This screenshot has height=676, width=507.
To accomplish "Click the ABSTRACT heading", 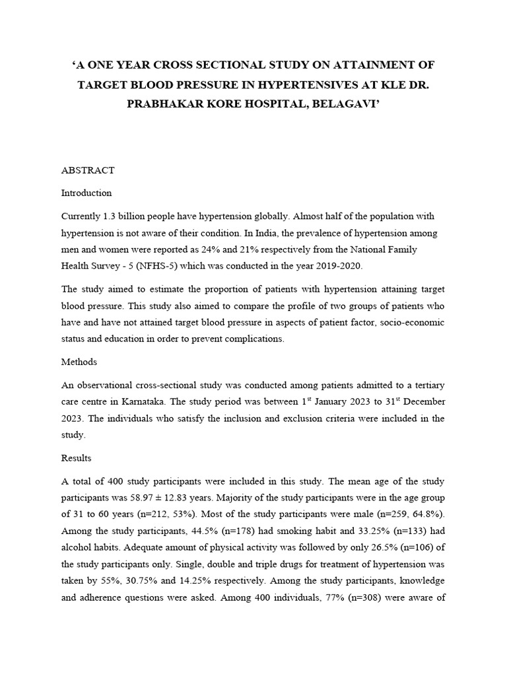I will [x=88, y=170].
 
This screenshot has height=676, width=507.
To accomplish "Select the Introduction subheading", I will [x=86, y=193].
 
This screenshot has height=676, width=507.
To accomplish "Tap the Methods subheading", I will [x=79, y=362].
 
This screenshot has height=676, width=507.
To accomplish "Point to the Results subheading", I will [x=77, y=458].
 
